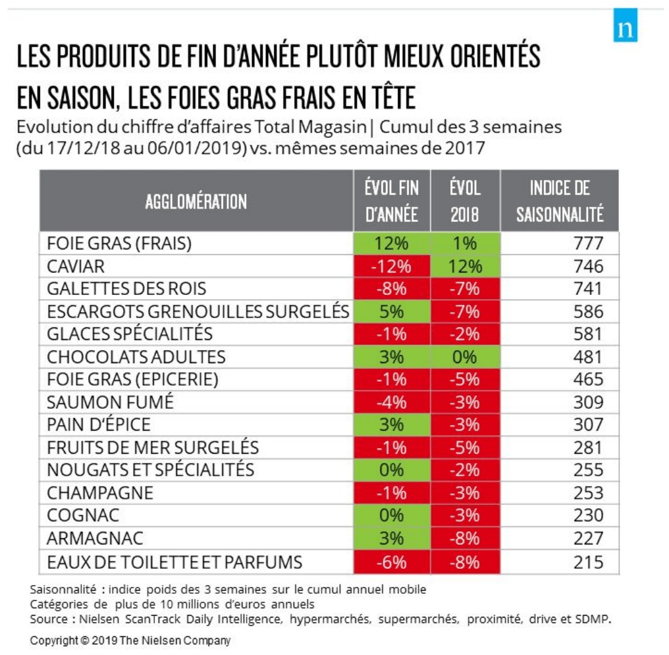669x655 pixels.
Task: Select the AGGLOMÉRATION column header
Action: coord(196,201)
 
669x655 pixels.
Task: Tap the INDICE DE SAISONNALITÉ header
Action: coord(560,201)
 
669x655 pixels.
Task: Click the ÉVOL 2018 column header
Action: coord(465,201)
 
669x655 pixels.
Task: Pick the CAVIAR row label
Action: coord(76,266)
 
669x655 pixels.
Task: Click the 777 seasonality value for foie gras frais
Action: coord(588,244)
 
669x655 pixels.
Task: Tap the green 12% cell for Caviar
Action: coord(465,266)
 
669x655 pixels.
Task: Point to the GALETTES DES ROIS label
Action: coord(126,289)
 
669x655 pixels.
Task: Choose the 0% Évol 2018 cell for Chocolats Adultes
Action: coord(465,357)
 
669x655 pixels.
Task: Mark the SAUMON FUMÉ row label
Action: coord(110,402)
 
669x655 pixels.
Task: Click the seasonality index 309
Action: coord(588,402)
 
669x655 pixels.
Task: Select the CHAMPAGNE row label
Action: coord(100,492)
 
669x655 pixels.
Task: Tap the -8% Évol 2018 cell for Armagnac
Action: coord(465,538)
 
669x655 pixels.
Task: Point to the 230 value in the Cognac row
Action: coord(588,516)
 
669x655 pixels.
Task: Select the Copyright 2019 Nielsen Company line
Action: coord(130,641)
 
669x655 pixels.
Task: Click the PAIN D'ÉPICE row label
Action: coord(99,425)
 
